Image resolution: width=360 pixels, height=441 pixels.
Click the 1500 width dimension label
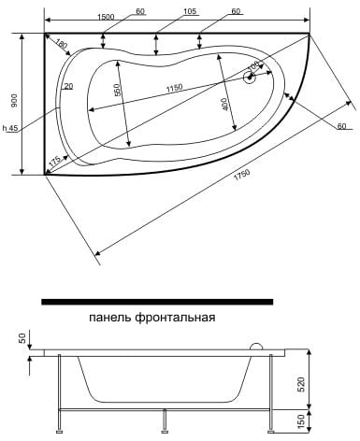click(x=106, y=17)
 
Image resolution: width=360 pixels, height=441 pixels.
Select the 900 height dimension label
click(x=14, y=100)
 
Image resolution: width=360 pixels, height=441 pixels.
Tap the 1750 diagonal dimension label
click(x=242, y=176)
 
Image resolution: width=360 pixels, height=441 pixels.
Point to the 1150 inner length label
click(x=174, y=88)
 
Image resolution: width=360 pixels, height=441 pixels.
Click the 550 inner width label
click(x=117, y=90)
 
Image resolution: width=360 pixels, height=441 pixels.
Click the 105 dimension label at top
click(x=190, y=11)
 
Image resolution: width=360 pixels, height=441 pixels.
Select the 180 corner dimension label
click(x=62, y=44)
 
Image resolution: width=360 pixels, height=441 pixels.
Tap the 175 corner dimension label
click(x=54, y=161)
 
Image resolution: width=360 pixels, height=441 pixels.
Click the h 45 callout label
click(x=10, y=128)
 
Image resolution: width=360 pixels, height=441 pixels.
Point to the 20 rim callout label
click(x=68, y=86)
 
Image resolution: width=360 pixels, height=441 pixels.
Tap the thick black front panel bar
click(x=157, y=302)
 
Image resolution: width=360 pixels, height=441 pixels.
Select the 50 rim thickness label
click(x=22, y=338)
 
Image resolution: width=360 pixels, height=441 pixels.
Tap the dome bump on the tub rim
click(x=257, y=346)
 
